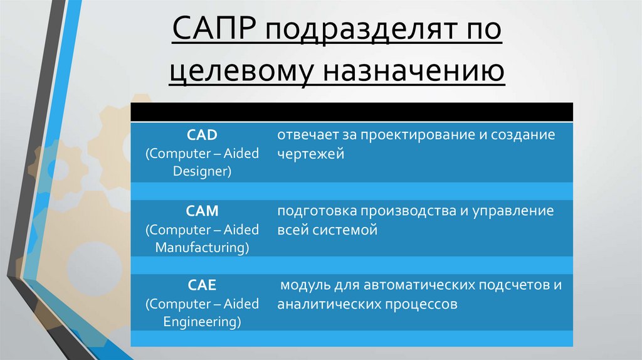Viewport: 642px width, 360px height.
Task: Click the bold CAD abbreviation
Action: pos(202,135)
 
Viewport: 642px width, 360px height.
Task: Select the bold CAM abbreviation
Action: pos(202,211)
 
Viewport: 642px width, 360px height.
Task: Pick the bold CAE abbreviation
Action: pos(202,286)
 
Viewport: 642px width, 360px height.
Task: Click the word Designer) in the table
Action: pos(202,171)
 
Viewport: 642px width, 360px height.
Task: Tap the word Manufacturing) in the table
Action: pos(202,247)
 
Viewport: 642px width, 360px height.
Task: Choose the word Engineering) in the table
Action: pos(202,322)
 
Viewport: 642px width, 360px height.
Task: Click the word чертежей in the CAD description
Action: pos(311,154)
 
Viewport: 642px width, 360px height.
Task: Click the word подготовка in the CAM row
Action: pos(313,211)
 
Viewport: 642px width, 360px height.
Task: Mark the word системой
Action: pos(345,230)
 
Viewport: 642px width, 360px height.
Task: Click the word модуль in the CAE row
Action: pos(305,286)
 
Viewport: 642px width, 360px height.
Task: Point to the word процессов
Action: pos(423,305)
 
